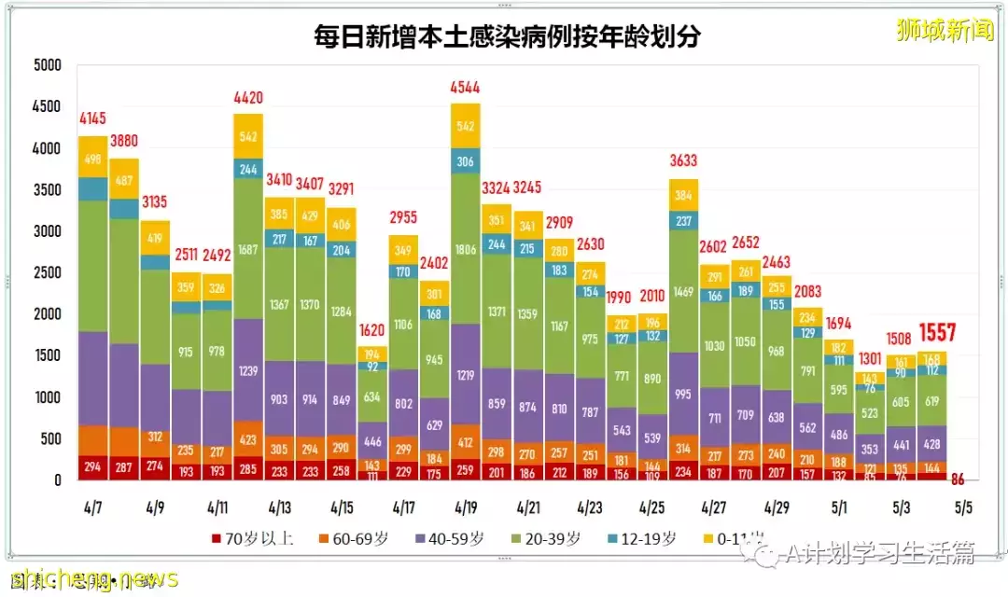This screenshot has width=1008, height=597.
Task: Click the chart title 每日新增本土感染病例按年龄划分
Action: click(x=507, y=36)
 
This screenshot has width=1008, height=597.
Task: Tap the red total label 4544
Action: click(x=466, y=91)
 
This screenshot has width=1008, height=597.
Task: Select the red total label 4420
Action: click(x=248, y=96)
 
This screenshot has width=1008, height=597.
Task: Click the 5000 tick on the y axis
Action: click(x=46, y=65)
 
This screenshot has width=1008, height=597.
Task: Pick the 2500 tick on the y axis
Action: click(x=46, y=272)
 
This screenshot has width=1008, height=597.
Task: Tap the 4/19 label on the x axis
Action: click(x=466, y=508)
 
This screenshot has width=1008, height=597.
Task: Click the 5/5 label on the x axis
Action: click(x=962, y=508)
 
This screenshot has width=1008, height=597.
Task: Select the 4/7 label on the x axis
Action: click(x=92, y=508)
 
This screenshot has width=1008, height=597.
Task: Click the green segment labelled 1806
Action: click(x=466, y=249)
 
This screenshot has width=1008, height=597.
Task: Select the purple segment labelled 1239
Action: click(x=248, y=370)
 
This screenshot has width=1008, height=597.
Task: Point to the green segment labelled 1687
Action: click(x=248, y=249)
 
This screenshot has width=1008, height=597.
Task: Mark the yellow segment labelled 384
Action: click(x=683, y=196)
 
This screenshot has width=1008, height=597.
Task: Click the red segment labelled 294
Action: click(x=92, y=466)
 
